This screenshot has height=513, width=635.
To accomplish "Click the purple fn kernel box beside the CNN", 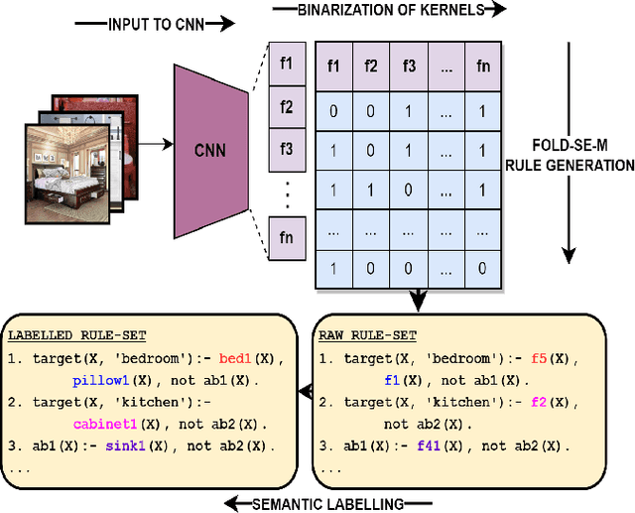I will [x=286, y=238].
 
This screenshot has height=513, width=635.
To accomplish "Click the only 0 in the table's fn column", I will [x=481, y=268].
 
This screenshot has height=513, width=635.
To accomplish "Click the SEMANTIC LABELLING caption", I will [x=327, y=504].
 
